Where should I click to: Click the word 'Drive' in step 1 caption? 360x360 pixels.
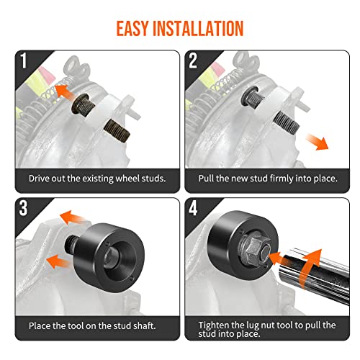pos(40,178)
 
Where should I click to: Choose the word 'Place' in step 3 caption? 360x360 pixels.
pos(41,325)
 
